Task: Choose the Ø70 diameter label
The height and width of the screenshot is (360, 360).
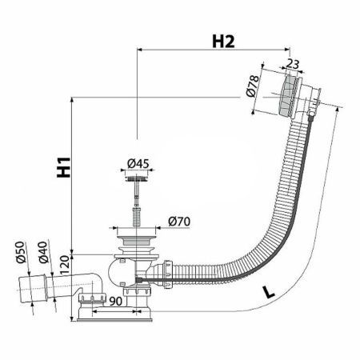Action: (178, 221)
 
